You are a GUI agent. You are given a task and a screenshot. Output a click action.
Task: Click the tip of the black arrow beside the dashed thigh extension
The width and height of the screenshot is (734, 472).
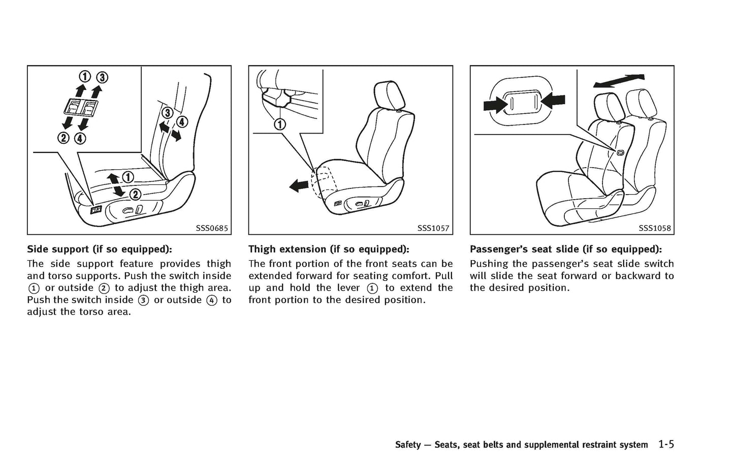pos(290,186)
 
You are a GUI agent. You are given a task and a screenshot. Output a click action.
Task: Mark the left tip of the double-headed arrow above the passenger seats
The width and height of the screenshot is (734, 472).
pos(593,85)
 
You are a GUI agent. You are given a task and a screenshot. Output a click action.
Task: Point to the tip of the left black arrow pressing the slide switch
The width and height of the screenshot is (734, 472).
pos(504,105)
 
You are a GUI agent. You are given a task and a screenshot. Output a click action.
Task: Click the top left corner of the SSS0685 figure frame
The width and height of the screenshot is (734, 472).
pos(27,66)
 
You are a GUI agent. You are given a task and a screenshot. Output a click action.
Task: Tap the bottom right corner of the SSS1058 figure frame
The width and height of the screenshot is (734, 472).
pos(674,235)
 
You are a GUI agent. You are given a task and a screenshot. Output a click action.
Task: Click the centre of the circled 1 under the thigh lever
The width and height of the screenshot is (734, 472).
pos(280,124)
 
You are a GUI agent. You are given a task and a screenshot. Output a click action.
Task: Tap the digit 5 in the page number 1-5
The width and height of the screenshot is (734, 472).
pos(671,445)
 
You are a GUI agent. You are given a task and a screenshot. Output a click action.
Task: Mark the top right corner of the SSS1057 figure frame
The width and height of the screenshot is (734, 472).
pos(453,66)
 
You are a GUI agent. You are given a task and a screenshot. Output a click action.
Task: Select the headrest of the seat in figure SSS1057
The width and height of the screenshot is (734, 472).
pos(388,96)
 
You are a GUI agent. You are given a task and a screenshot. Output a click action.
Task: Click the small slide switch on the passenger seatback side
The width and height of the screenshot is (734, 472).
pos(620,152)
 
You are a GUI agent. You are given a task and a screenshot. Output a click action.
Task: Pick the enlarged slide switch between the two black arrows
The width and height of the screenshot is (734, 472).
pos(523,102)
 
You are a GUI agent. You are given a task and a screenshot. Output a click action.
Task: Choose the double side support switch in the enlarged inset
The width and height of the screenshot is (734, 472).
pos(80,108)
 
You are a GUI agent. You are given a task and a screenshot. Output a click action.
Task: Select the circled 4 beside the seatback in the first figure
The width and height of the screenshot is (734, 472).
pos(182,122)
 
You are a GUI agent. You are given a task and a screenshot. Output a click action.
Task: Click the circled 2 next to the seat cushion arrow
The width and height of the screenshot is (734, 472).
pos(135,195)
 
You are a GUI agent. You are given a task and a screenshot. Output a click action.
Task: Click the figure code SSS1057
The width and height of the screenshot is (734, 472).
pos(433,228)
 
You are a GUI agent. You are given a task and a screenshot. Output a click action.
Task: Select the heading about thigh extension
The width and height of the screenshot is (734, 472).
pos(329,249)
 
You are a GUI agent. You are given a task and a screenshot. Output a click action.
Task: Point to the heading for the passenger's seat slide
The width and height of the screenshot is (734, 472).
pos(566,249)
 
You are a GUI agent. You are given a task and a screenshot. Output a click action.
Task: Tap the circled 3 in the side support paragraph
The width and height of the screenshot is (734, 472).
pos(144,300)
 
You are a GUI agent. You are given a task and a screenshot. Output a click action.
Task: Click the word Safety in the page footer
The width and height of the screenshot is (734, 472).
pos(407,445)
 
